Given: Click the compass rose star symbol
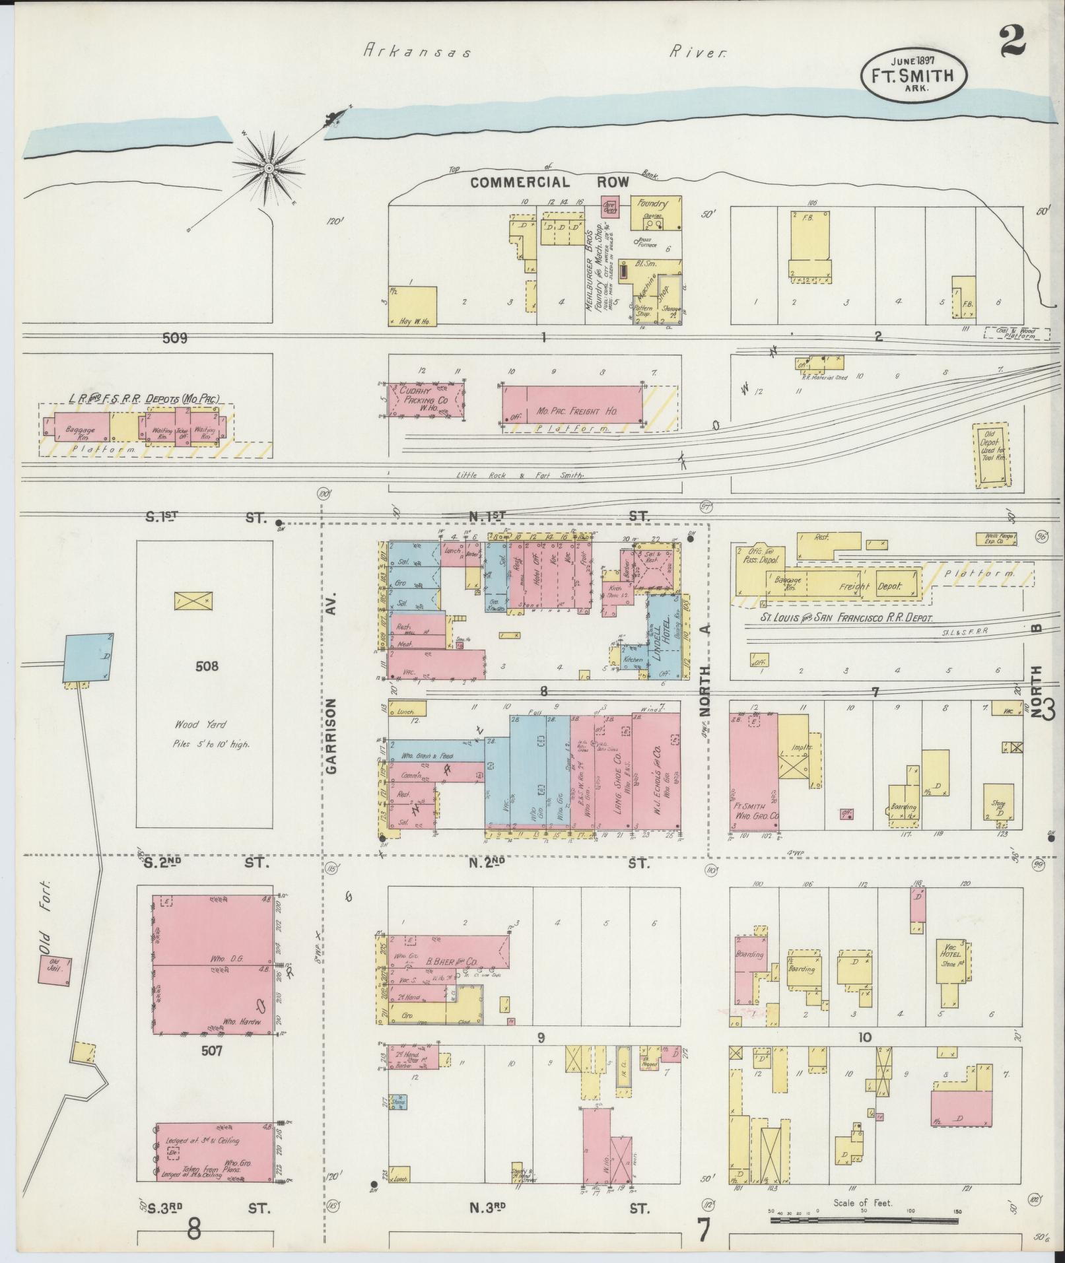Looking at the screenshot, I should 269,168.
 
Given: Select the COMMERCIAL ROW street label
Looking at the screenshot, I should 549,183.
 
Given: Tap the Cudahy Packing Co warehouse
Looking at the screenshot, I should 425,399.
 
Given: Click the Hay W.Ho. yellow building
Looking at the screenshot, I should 413,306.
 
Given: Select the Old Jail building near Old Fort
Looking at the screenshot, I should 55,971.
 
